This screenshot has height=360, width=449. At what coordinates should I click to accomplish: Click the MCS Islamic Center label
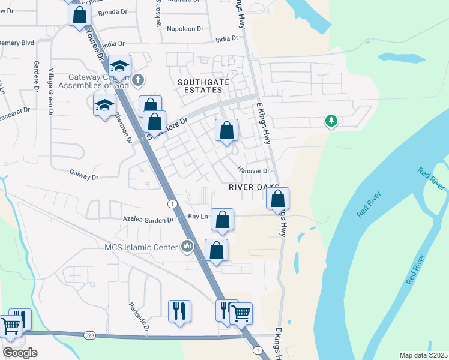(x=141, y=247)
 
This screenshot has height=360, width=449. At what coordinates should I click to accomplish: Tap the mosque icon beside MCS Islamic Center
(x=187, y=246)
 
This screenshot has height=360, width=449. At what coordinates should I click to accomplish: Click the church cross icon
(x=138, y=79)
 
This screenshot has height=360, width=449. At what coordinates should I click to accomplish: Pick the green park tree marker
(x=330, y=121)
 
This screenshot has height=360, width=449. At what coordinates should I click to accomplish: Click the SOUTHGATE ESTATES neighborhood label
(x=200, y=85)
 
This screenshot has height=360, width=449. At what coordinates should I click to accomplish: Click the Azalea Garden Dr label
(x=148, y=220)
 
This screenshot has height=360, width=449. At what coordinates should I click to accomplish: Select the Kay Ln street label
(x=197, y=216)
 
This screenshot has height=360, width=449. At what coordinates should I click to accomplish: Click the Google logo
(x=20, y=352)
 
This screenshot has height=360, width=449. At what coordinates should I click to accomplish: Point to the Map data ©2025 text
(x=423, y=355)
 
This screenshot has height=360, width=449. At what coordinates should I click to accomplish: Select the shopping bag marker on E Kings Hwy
(x=278, y=200)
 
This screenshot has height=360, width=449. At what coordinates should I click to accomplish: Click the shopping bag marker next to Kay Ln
(x=222, y=220)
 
